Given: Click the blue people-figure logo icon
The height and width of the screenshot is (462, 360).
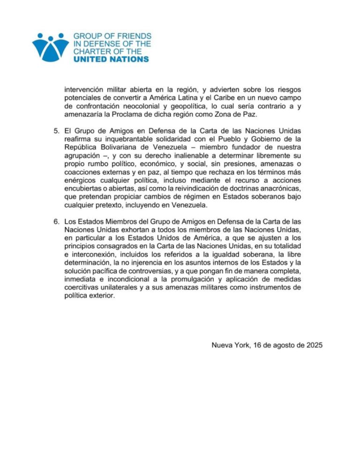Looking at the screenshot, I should tap(50, 47).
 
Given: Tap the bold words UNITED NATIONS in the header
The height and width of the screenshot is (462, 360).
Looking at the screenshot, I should tap(112, 59).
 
